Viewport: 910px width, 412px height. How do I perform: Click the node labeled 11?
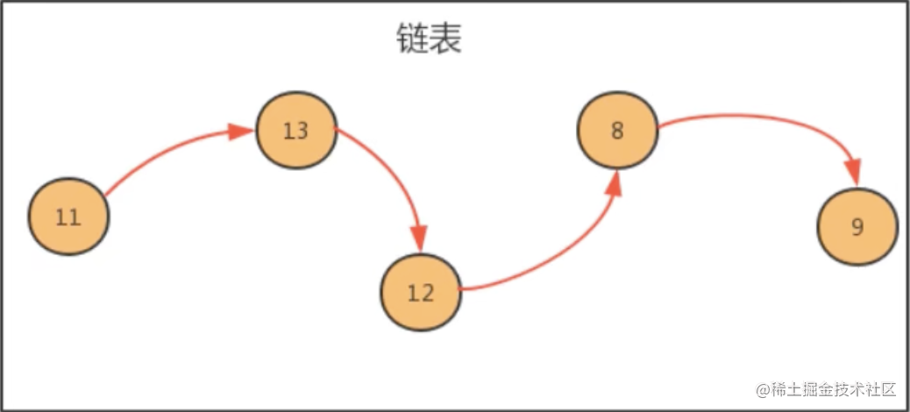click(68, 217)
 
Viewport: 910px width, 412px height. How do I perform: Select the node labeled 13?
click(296, 131)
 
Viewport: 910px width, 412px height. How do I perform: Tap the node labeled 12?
click(421, 292)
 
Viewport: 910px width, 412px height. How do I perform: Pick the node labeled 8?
click(617, 131)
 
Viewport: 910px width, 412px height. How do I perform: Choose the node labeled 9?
click(857, 226)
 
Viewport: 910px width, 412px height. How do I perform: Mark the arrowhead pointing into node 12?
click(419, 238)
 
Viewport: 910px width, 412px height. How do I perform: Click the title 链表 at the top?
click(428, 39)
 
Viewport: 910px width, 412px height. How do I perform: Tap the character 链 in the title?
click(410, 39)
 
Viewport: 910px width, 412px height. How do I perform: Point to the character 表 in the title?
click(445, 39)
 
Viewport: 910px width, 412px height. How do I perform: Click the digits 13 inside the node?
click(296, 131)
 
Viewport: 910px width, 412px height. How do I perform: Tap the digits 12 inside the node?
click(421, 292)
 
